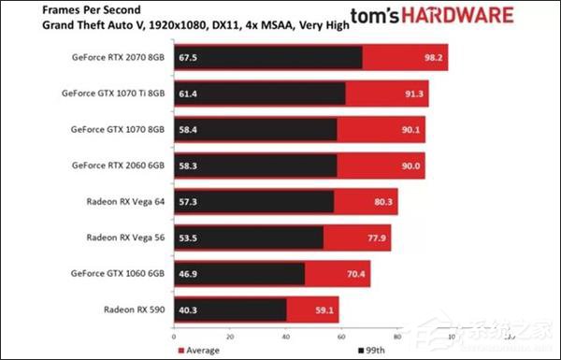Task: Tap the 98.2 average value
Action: [432, 58]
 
